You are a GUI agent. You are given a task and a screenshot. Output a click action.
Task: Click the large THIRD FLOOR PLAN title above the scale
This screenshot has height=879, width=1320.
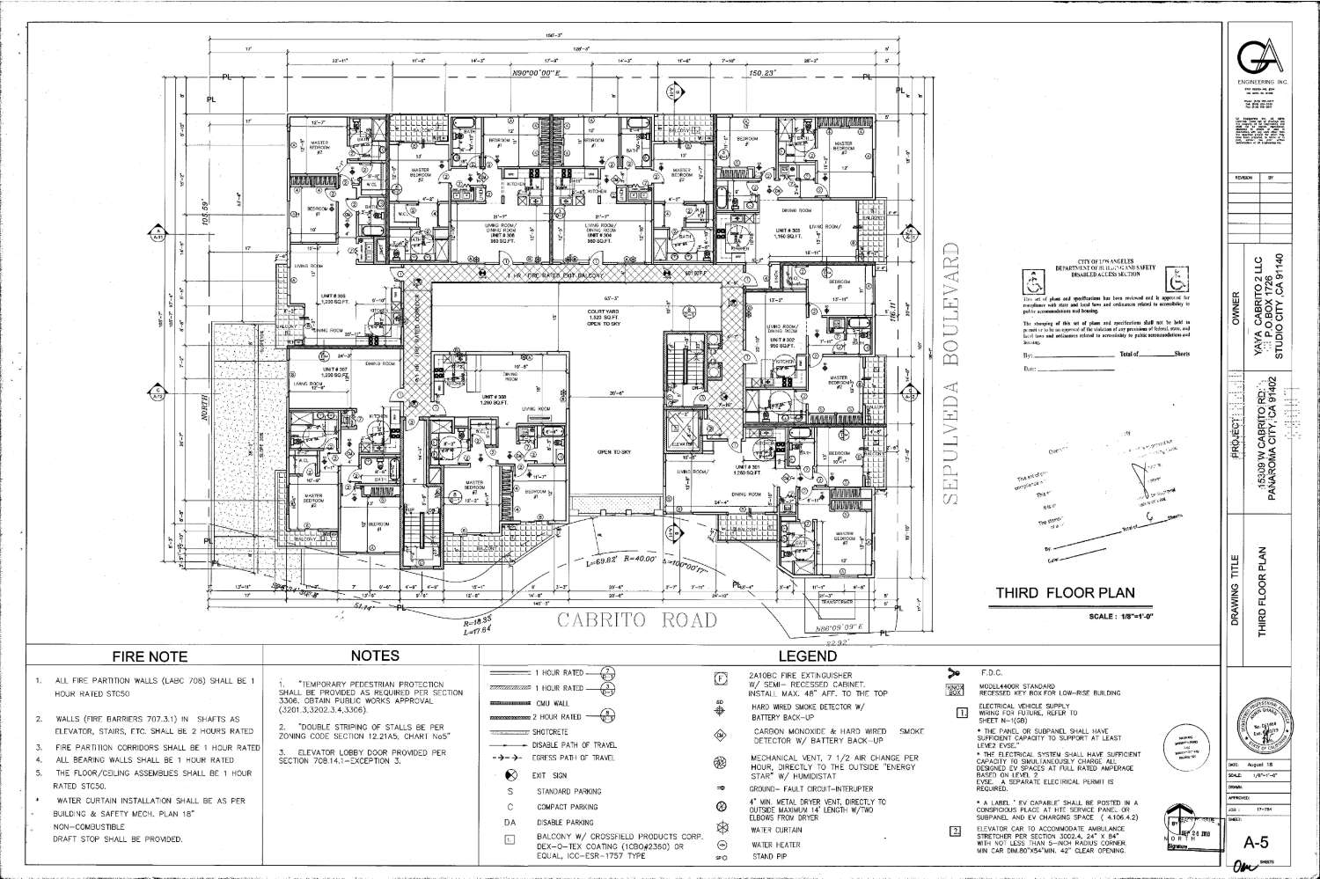1064,594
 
